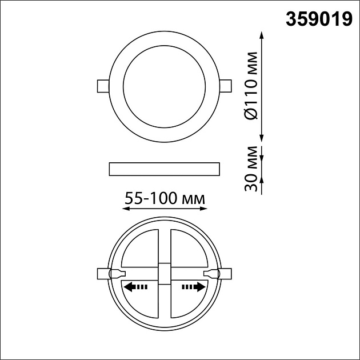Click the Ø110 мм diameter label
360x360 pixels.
(x=250, y=86)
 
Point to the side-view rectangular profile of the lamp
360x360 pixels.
(x=164, y=168)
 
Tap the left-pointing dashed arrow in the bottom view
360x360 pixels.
(x=136, y=287)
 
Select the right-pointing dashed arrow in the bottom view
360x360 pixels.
(x=193, y=287)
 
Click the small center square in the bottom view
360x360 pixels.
(x=165, y=273)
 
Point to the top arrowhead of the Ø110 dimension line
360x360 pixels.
(x=262, y=35)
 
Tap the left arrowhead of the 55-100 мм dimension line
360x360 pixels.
(x=126, y=209)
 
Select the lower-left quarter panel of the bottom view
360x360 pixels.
(x=142, y=300)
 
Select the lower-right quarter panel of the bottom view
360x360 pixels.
(x=187, y=300)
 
